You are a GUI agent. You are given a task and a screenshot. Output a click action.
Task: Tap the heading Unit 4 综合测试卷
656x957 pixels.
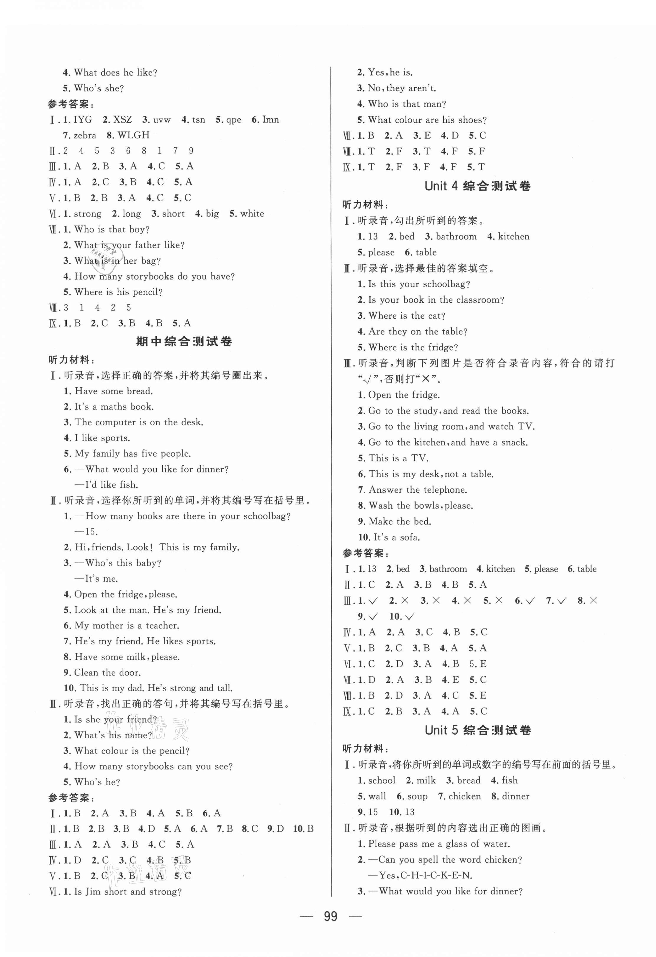click(x=477, y=186)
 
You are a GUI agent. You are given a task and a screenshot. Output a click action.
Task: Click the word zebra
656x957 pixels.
click(x=85, y=135)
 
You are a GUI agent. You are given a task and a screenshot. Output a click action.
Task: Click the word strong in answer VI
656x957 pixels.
click(x=88, y=214)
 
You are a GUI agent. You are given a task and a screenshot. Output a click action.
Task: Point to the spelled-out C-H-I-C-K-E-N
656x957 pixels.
click(x=437, y=876)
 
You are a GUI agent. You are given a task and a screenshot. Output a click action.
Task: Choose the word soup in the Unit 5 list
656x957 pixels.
click(x=417, y=796)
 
